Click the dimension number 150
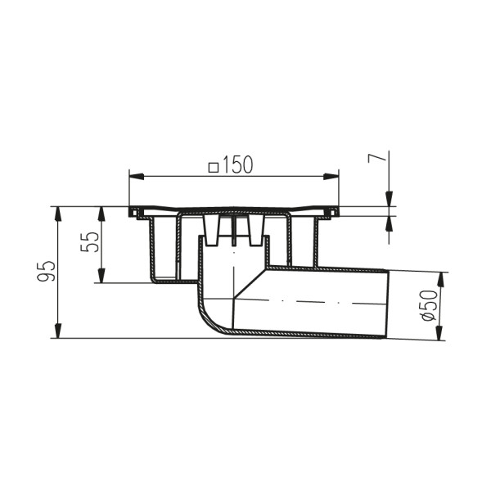click(x=236, y=164)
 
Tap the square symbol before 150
click(x=214, y=166)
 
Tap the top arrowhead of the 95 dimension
click(x=59, y=213)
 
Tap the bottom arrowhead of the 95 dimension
click(x=59, y=331)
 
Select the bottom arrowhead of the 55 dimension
click(x=101, y=277)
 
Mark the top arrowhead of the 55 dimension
click(x=101, y=213)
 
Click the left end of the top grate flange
click(x=132, y=213)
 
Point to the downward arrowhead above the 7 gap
click(x=389, y=200)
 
